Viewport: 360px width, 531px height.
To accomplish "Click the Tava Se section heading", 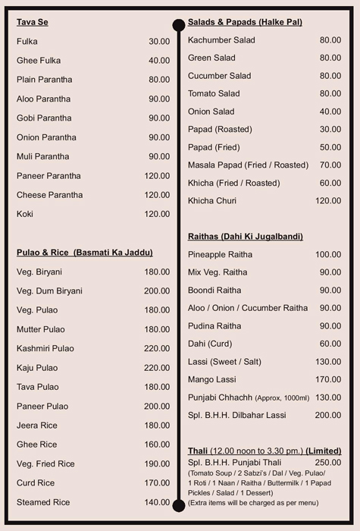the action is (33, 22).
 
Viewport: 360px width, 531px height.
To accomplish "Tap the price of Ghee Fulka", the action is (159, 61).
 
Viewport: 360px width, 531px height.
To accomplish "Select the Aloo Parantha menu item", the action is (43, 99).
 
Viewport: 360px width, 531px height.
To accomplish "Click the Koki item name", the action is (26, 215).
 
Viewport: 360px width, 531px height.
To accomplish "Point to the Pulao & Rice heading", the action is (84, 253).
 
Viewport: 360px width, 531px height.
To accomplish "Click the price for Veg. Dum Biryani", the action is (157, 291).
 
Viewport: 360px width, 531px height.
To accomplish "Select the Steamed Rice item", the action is (43, 503).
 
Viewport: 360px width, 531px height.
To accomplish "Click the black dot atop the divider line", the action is (179, 24).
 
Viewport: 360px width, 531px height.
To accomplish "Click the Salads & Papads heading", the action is (245, 22).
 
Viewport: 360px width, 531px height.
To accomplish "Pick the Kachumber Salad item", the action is (221, 40).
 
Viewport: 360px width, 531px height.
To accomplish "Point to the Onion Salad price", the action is (330, 112).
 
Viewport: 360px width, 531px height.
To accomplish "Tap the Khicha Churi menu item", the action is (212, 201).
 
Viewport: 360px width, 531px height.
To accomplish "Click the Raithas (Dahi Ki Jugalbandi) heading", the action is (246, 237).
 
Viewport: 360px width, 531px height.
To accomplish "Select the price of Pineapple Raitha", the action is (328, 255).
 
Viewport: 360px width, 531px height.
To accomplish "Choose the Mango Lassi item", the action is (212, 379).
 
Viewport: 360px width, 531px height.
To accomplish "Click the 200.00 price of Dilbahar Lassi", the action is (328, 416).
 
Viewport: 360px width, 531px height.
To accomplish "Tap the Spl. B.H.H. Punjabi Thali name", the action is (233, 462).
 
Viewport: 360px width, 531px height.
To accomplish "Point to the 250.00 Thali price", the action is (328, 462).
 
